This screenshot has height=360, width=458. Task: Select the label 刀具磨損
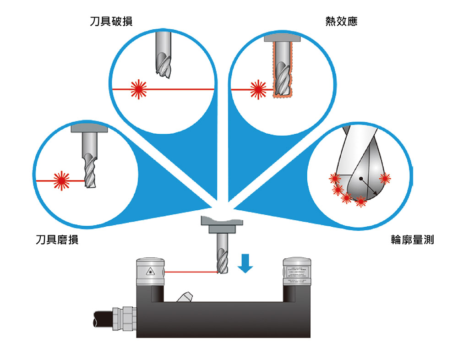point(57,240)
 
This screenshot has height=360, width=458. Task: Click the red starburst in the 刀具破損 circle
point(138,89)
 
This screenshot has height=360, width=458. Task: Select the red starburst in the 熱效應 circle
point(258,89)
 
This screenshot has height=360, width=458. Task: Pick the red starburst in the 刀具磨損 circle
point(61,181)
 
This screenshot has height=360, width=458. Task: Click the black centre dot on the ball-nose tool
point(361,178)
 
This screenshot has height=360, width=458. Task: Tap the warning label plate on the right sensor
point(297,275)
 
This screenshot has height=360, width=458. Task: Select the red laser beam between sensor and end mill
point(191,272)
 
